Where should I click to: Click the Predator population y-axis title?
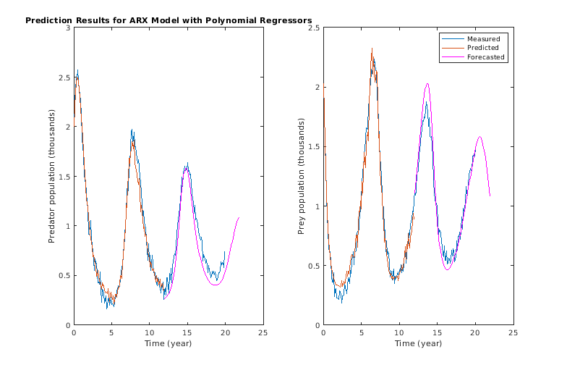[x=52, y=176]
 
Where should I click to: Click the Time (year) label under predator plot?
[x=168, y=343]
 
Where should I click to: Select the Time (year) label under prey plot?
[x=418, y=343]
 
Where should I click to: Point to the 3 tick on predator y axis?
[x=67, y=28]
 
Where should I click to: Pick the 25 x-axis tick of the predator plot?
[x=263, y=332]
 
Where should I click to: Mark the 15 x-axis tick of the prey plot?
[x=437, y=332]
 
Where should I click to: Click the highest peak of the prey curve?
[x=372, y=49]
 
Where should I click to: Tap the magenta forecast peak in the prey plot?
[x=427, y=83]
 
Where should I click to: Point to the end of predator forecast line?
[x=239, y=217]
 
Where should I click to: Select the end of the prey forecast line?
[x=490, y=196]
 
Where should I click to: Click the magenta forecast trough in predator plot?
[x=216, y=285]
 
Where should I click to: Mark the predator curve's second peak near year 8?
[x=132, y=130]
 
